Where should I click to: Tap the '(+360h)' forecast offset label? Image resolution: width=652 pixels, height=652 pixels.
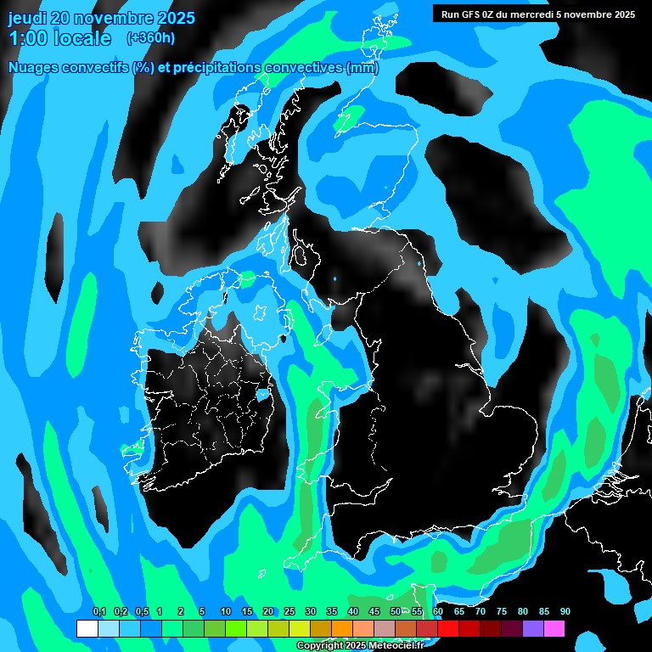[x=151, y=37]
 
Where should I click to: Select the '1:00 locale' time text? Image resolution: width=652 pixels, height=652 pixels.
[x=59, y=38]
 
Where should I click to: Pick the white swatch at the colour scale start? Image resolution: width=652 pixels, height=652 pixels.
[x=87, y=629]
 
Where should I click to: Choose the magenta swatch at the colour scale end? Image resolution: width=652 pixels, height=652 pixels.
[x=554, y=629]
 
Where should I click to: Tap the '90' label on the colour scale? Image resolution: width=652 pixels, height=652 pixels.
[x=565, y=611]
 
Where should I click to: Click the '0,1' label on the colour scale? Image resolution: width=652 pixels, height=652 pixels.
[x=98, y=611]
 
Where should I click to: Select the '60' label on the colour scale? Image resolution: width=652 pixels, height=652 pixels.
[x=437, y=611]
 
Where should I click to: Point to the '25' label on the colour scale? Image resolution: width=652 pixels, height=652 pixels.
[x=289, y=611]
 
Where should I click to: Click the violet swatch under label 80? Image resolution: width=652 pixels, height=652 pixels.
[x=532, y=629]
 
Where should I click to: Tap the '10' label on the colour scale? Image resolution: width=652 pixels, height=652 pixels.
[x=225, y=611]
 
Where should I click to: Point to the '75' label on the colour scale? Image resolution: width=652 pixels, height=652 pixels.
[x=501, y=611]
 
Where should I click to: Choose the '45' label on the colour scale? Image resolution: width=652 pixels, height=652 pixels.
[x=374, y=611]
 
